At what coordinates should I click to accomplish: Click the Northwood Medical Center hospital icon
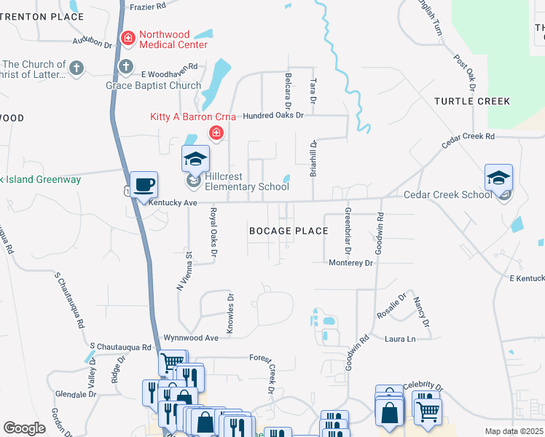tap(128, 36)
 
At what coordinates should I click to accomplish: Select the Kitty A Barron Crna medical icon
tap(216, 133)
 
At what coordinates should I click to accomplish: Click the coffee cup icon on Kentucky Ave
tap(143, 185)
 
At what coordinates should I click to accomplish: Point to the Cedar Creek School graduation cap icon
tap(498, 178)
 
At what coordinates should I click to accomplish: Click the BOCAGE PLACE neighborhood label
tap(289, 231)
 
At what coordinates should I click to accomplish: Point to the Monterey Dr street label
tap(350, 262)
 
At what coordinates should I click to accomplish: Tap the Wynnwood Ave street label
tap(191, 338)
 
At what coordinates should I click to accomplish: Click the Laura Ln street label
tap(399, 339)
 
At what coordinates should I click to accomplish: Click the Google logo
tap(24, 428)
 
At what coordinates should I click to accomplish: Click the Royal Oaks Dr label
tap(213, 232)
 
